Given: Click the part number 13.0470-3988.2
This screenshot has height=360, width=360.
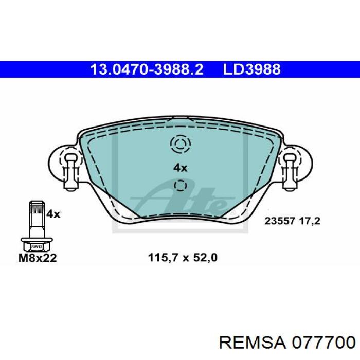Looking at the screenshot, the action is click(147, 69).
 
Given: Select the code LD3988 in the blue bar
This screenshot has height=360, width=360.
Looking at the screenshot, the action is click(252, 69).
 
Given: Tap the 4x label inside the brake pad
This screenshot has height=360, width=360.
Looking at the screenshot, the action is click(180, 168).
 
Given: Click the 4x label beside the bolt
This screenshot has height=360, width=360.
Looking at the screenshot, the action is click(53, 214).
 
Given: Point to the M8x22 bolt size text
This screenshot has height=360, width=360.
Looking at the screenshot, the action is click(38, 258).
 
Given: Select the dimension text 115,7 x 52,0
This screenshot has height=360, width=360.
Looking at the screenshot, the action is click(183, 258).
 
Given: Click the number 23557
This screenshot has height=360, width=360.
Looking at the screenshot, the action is click(280, 221).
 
